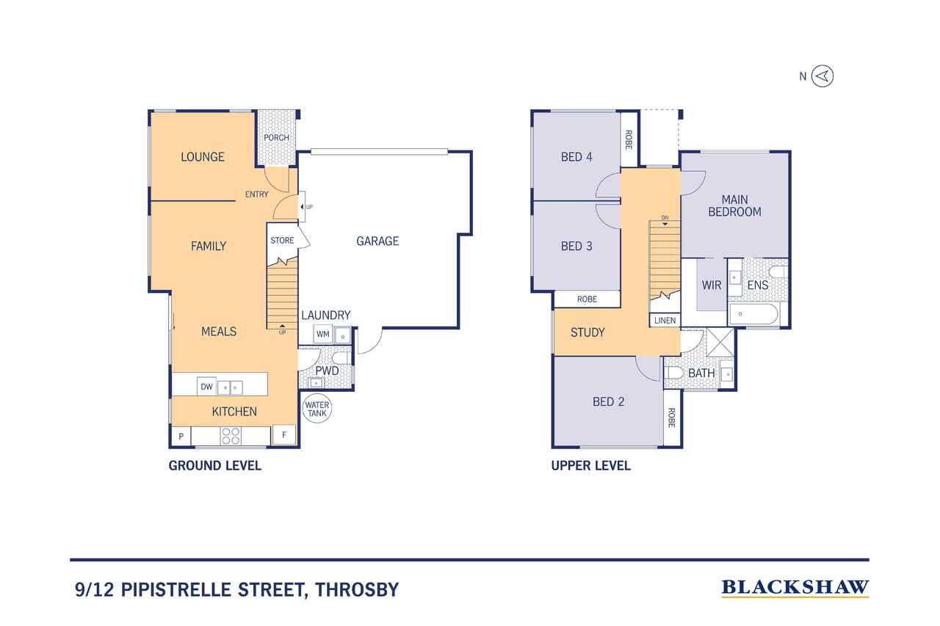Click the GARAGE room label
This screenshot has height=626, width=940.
coord(377,241)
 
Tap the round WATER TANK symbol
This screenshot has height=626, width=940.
coord(317,409)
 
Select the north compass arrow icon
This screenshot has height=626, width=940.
coord(822,76)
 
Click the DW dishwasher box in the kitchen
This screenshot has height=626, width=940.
coord(206,387)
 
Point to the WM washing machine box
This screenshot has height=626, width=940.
coord(322,334)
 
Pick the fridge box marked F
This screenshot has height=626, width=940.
coord(284,434)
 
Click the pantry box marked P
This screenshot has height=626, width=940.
coord(181,436)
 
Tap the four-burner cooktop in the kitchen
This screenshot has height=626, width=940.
coord(231,436)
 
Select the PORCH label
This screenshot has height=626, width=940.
coord(276,137)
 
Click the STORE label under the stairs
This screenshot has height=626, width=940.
coord(282,240)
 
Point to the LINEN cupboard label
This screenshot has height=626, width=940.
coord(665,321)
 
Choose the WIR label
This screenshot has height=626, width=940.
coord(712,285)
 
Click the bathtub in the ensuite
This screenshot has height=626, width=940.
coord(753,314)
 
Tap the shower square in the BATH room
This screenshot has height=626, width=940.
coord(720,342)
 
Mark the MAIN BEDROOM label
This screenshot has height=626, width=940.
coord(734,205)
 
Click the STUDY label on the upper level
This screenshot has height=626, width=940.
coord(587,332)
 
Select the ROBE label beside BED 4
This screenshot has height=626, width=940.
coord(629,139)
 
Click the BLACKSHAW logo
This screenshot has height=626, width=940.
coord(795,588)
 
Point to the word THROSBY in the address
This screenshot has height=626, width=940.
coord(357,589)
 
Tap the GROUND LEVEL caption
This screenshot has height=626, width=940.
coord(215,465)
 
